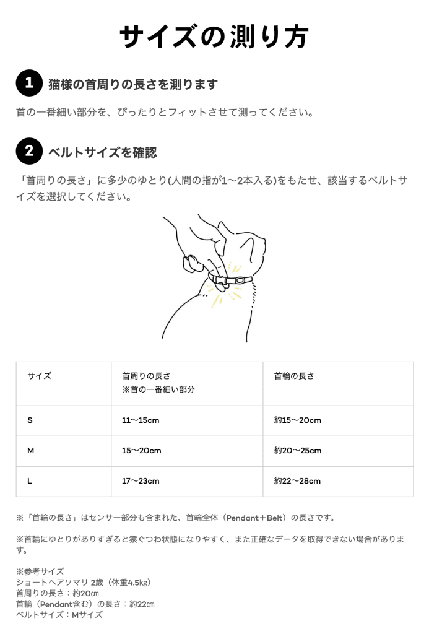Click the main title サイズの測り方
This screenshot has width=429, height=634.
[x=214, y=37]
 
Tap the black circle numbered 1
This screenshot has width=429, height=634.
[x=28, y=84]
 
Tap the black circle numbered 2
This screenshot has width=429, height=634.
[x=28, y=152]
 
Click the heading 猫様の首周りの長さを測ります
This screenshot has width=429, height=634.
[x=133, y=84]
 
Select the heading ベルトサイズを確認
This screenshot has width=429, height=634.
[x=103, y=152]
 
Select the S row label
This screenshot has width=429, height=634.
[x=30, y=420]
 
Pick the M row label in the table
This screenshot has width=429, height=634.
[x=31, y=451]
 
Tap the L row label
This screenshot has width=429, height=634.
[x=30, y=481]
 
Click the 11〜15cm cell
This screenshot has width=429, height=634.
[x=141, y=420]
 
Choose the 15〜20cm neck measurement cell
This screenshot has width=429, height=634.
[x=141, y=451]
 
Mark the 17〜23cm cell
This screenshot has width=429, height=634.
[x=141, y=481]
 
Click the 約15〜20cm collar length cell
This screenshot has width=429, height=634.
[x=298, y=420]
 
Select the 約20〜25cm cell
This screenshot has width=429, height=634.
[x=298, y=451]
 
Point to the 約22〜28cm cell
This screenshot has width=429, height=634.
[x=298, y=481]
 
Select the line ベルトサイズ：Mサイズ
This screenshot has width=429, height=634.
[x=59, y=615]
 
